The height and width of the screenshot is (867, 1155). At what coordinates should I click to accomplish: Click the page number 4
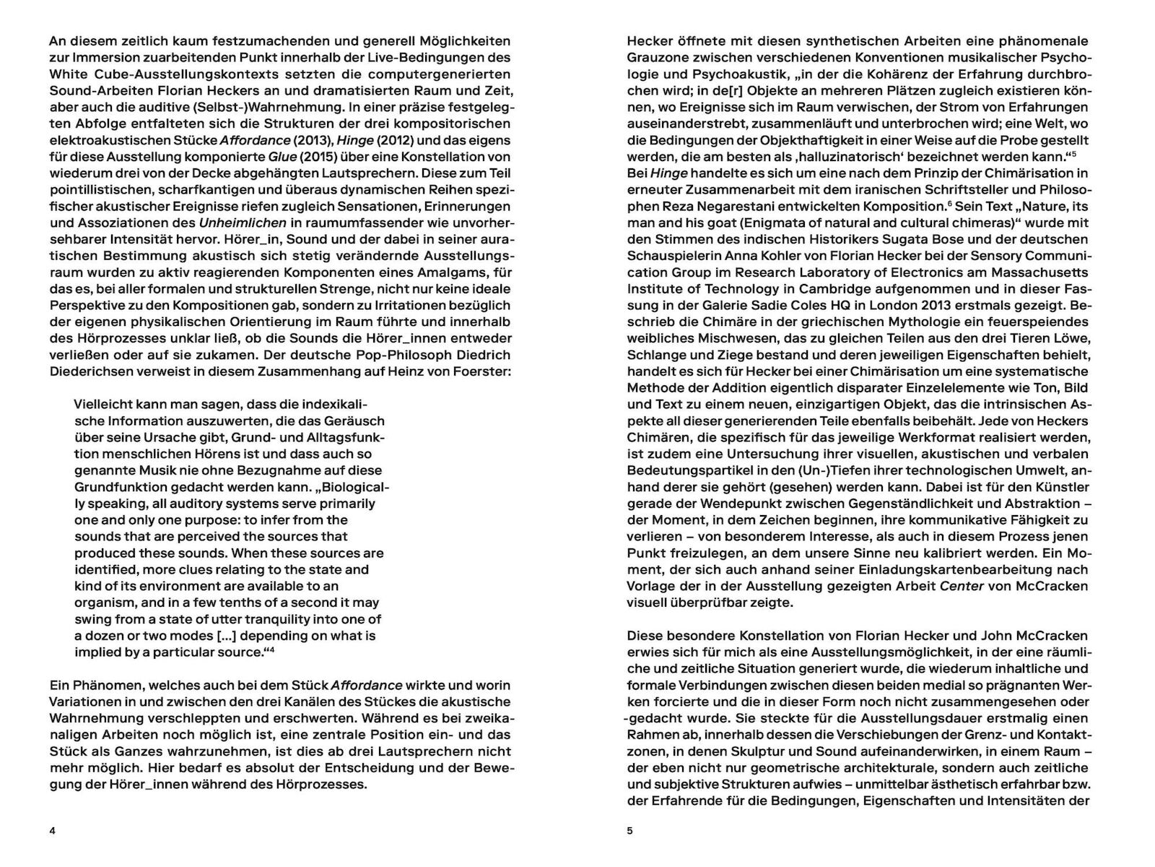(x=52, y=831)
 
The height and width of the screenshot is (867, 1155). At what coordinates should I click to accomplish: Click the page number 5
(x=629, y=831)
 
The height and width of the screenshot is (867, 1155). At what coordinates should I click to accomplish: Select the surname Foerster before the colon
(x=479, y=371)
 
